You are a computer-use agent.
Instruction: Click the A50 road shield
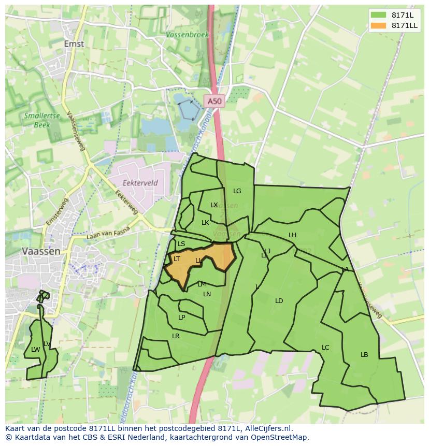coord(213,102)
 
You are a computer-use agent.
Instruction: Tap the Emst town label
coord(74,44)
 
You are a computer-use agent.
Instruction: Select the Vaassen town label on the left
coord(41,251)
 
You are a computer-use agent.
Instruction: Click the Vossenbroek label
coord(188,35)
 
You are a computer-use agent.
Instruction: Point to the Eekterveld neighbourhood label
coord(140,183)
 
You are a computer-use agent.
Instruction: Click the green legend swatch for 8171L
coord(378,15)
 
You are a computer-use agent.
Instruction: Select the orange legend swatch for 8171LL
coord(378,25)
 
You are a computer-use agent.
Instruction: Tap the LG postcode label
coord(237,191)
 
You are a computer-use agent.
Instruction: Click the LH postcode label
coord(292,235)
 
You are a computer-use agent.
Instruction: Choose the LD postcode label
coord(279,301)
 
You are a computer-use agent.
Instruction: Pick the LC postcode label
coord(325,348)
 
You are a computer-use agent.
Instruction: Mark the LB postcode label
coord(364,355)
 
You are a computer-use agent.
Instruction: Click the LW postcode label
coord(35,350)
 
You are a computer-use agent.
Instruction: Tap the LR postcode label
coord(176,336)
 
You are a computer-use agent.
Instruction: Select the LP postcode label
coord(182,318)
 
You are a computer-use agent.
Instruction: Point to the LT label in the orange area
coord(177,259)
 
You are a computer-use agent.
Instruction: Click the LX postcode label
coord(214,205)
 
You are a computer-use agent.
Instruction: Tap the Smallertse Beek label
coord(37,120)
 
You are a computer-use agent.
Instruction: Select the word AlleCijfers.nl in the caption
coord(268,428)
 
